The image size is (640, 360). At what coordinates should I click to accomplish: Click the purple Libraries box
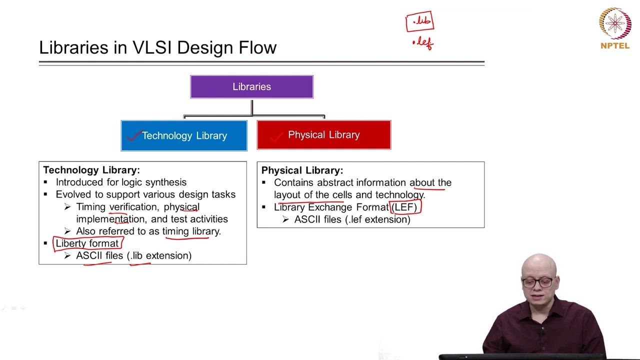(x=251, y=87)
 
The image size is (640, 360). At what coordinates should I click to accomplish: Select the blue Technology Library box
(x=184, y=135)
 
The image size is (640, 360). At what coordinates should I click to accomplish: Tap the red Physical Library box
(x=324, y=135)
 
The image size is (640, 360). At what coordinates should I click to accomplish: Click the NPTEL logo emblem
(x=615, y=23)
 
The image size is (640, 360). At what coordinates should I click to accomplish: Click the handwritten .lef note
(x=423, y=43)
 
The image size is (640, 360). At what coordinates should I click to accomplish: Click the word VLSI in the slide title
(x=152, y=47)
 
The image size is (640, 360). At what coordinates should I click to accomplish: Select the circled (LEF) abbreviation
(x=404, y=207)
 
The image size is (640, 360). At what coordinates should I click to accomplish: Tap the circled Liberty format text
(x=87, y=243)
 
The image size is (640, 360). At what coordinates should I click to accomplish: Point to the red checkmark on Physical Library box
(x=276, y=137)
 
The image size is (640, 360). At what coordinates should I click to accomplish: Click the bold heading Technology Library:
(x=91, y=170)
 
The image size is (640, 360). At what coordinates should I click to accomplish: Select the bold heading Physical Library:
(x=302, y=170)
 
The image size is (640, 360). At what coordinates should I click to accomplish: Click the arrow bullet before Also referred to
(x=67, y=231)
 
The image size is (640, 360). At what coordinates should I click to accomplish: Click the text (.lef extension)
(x=377, y=219)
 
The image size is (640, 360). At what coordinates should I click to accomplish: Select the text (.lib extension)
(x=159, y=255)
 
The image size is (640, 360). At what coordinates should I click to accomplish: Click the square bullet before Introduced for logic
(x=45, y=182)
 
